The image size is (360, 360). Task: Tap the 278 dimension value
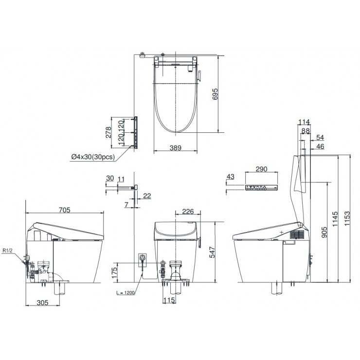[x=109, y=131]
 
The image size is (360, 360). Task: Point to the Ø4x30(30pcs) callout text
[x=92, y=157]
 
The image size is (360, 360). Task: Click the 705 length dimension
[x=64, y=210]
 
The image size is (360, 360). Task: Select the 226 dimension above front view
[x=188, y=211]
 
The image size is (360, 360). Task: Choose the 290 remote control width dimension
[x=262, y=169]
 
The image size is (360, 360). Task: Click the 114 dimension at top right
[x=304, y=122]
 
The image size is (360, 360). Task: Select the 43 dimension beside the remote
[x=231, y=176]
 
